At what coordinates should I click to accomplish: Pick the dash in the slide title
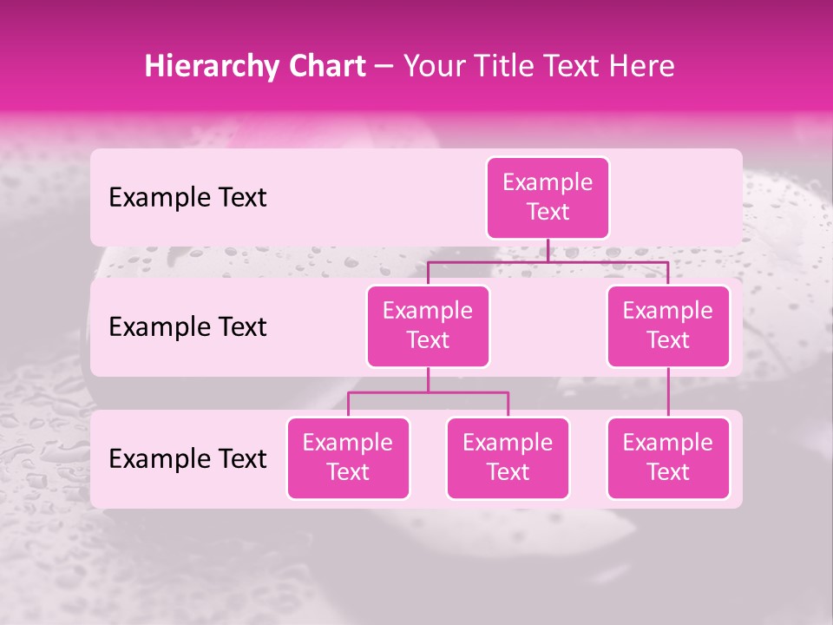coord(384,67)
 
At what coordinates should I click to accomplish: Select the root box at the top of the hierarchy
coord(548,198)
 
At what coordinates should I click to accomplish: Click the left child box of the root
coord(428,326)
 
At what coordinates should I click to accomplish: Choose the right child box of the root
coord(668,326)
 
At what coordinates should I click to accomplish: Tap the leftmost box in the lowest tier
coord(348,457)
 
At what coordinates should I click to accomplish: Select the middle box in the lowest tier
coord(508,457)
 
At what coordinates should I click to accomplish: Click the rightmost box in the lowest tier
coord(668,457)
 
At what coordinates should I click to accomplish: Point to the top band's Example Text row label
coord(187,198)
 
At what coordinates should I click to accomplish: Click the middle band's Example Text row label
coord(187,327)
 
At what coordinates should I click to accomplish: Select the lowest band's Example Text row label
coord(187,458)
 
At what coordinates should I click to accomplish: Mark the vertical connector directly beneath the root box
coord(548,250)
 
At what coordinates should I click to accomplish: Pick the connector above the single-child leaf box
coord(668,392)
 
